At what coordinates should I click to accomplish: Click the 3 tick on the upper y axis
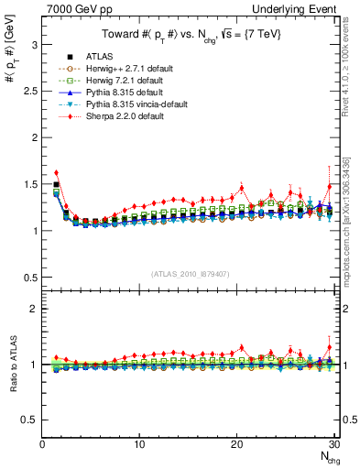[x=35, y=43]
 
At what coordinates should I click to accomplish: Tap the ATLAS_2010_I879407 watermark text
[x=190, y=273]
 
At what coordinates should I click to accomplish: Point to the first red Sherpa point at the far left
[x=57, y=172]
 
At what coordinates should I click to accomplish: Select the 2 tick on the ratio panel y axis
[x=35, y=309]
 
